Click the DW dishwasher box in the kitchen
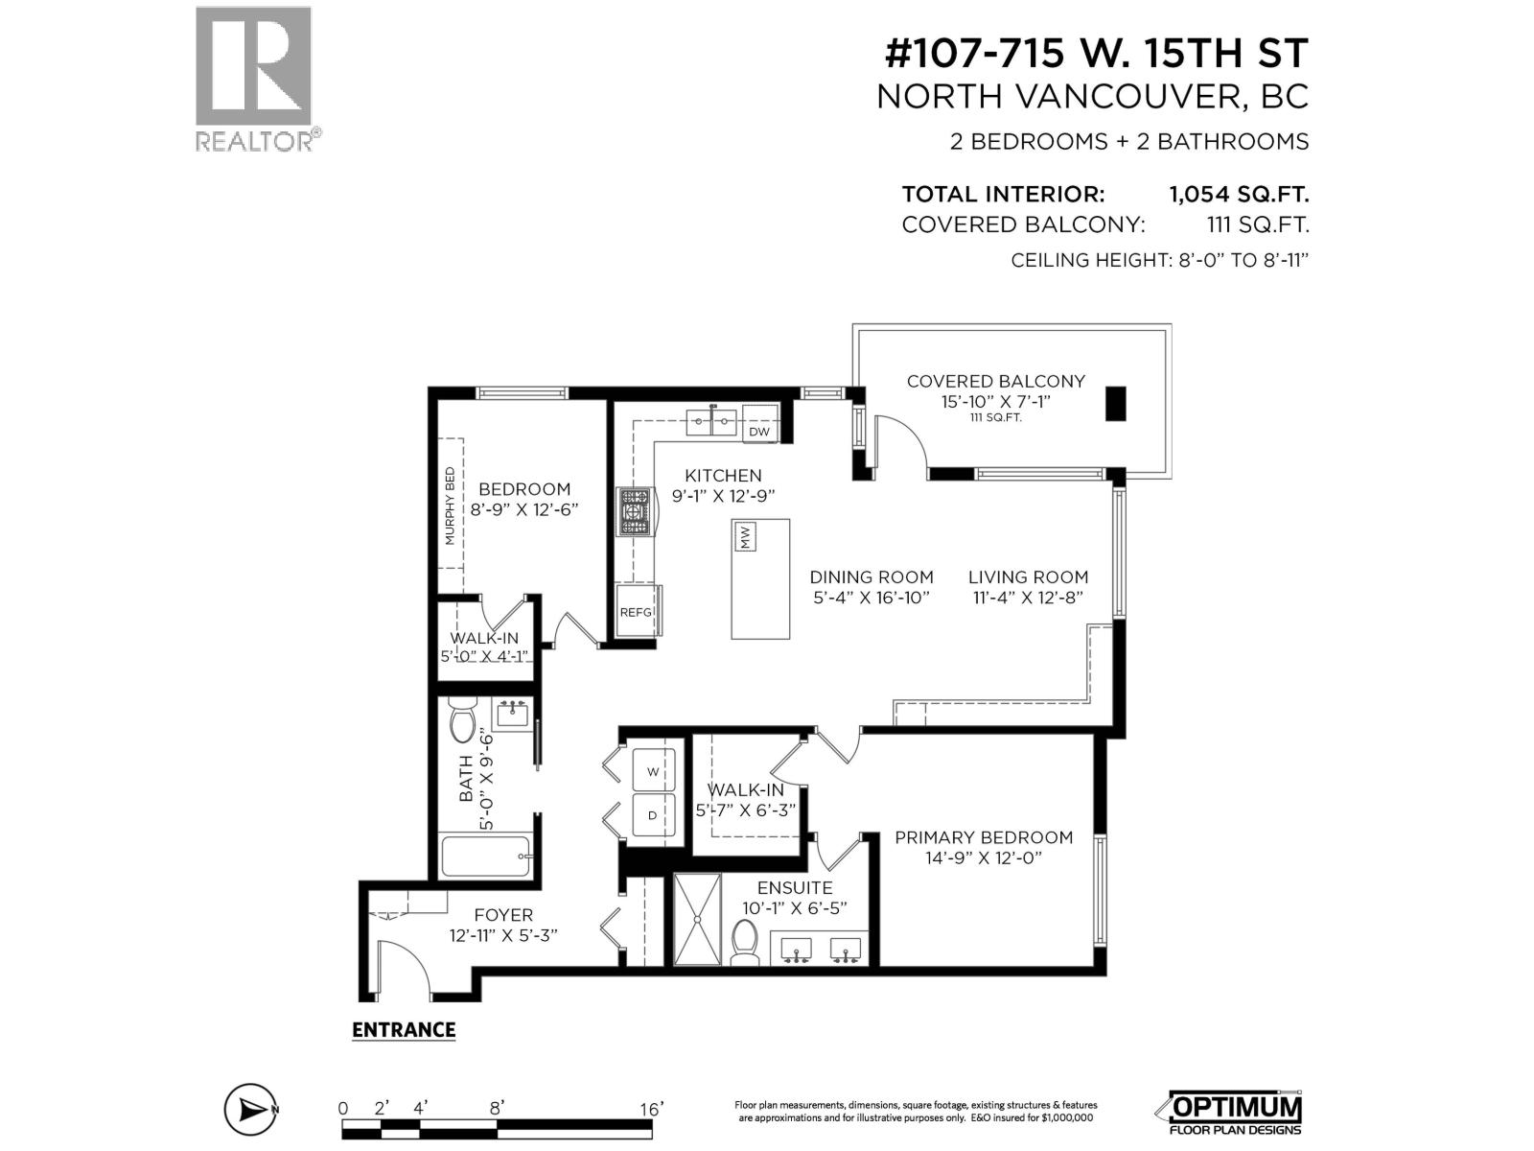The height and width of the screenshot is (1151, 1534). tap(759, 431)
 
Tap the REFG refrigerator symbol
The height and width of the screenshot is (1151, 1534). tap(636, 612)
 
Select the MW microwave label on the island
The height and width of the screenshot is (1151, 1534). tap(745, 536)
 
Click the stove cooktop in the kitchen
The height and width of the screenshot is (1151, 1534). tap(635, 512)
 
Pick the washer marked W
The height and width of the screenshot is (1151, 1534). tap(654, 771)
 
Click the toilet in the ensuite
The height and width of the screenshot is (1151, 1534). tap(744, 942)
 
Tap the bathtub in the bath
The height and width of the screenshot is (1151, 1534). tap(485, 856)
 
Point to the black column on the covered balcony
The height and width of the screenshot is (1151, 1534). tap(1116, 403)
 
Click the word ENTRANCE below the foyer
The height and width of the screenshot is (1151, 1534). tap(404, 1030)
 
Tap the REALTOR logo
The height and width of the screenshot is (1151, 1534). tap(255, 79)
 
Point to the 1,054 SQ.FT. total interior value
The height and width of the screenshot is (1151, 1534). tap(1238, 195)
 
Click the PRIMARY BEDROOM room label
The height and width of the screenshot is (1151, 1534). tap(984, 837)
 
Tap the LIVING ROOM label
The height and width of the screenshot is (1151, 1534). tap(1028, 577)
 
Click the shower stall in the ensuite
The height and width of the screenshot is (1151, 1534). tap(697, 919)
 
